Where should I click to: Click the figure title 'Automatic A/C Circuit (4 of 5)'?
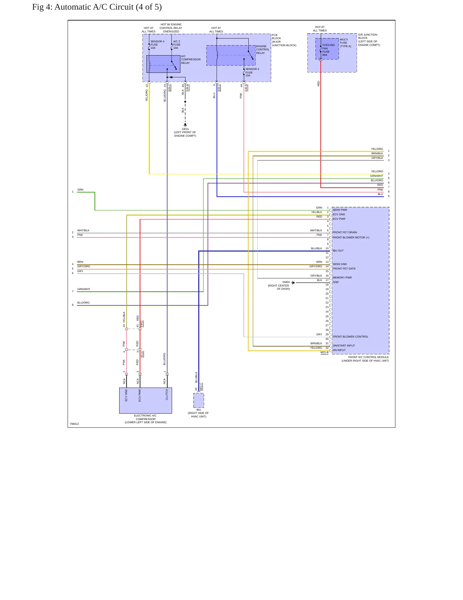108,7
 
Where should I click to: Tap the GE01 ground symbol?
185,125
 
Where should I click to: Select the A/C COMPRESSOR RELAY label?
191,60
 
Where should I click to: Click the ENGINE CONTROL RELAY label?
263,49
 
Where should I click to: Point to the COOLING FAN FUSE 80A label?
328,50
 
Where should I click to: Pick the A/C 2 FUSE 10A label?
177,45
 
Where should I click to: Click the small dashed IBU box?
199,400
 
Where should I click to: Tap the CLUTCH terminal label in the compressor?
167,395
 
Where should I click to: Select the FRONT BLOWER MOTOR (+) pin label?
351,237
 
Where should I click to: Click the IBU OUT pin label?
338,251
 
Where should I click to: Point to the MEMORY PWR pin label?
342,278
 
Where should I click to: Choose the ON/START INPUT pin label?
344,346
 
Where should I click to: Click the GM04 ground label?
286,282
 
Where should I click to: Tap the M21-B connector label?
325,353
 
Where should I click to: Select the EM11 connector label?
142,324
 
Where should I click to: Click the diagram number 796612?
74,424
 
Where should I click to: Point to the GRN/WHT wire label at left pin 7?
84,289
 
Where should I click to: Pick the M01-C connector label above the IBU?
201,387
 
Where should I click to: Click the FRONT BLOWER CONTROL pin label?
351,337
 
